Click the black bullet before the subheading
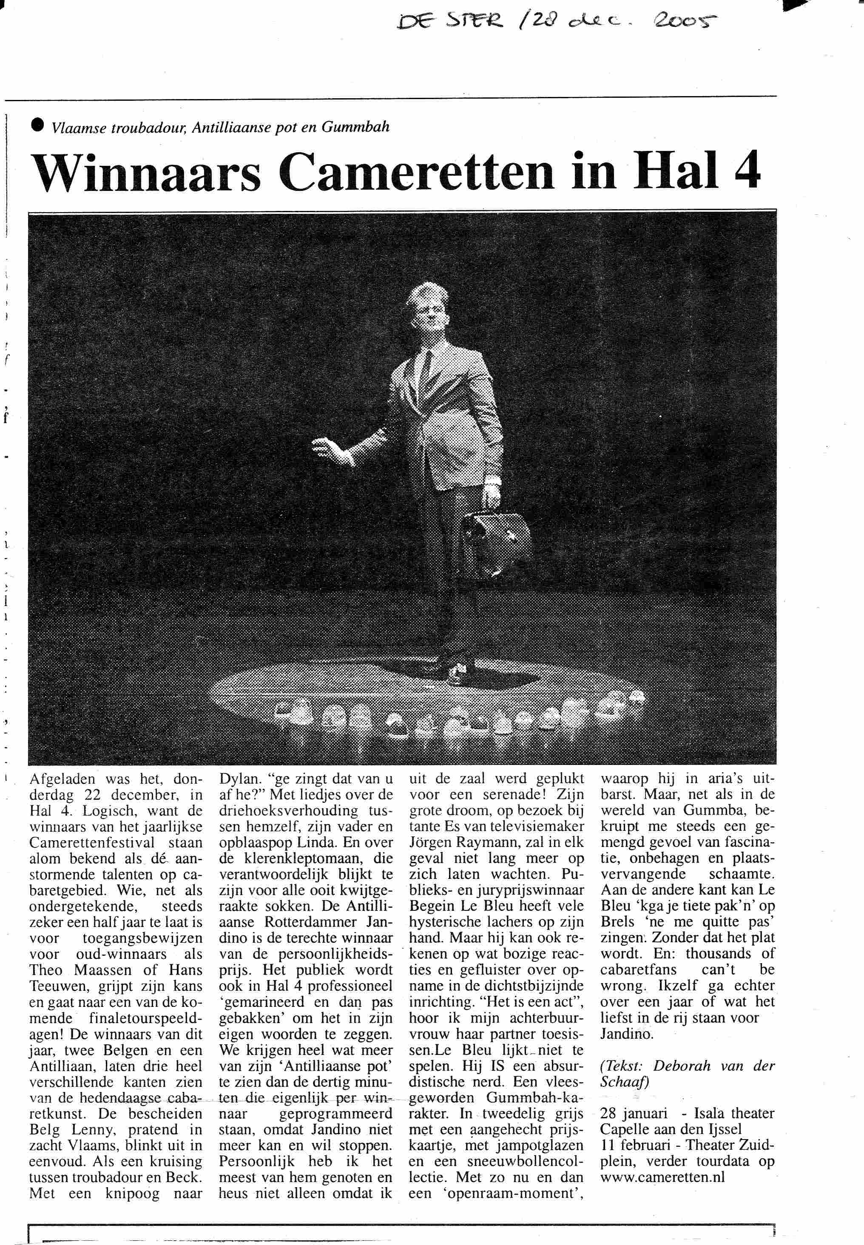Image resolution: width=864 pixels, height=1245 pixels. pyautogui.click(x=37, y=125)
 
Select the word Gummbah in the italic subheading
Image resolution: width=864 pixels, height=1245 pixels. pyautogui.click(x=355, y=127)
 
